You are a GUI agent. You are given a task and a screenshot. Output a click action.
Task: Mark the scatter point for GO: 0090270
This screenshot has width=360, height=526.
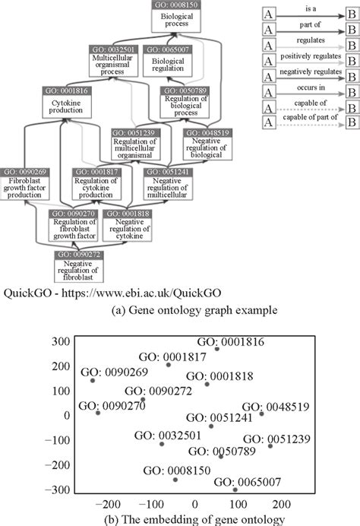(x=98, y=413)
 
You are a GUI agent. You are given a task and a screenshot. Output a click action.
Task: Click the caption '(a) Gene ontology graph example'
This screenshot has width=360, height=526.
(x=182, y=312)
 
